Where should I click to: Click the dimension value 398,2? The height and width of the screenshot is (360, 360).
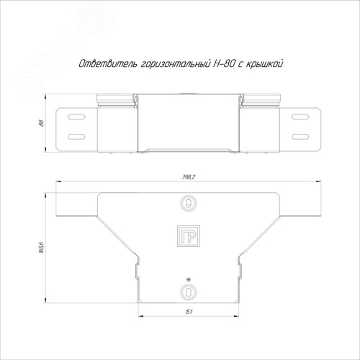[x=189, y=177]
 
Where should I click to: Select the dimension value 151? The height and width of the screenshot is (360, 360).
[x=189, y=312]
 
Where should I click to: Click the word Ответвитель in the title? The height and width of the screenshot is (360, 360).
[x=108, y=64]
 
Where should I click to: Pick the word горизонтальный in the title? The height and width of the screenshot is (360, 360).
[x=174, y=64]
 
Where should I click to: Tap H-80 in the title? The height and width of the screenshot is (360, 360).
[x=223, y=64]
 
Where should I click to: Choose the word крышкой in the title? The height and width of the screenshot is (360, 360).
[x=264, y=64]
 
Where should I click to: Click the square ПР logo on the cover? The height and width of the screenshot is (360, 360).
[x=189, y=236]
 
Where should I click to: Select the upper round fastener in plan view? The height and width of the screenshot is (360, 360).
[x=189, y=204]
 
